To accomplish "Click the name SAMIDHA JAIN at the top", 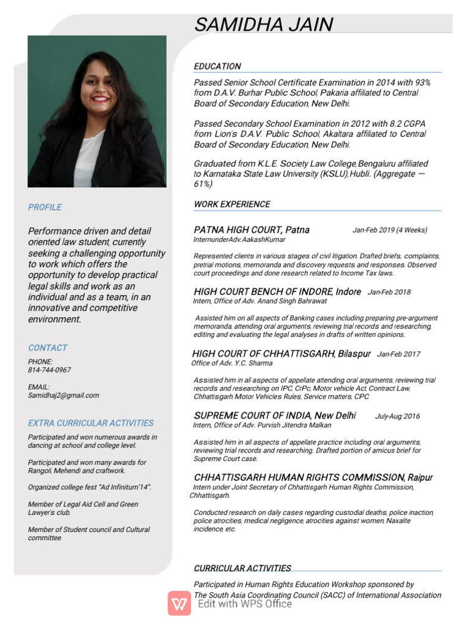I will click(264, 24).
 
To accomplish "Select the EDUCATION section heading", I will click(217, 66).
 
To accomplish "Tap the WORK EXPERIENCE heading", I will click(232, 204).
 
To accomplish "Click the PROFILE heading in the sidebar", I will click(45, 207).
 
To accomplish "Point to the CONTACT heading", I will click(48, 347).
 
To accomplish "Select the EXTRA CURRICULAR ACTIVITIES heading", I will click(91, 422).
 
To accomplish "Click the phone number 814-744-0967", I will click(50, 370).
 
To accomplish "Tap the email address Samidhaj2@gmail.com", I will click(63, 395).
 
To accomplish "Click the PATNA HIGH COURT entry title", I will click(252, 230).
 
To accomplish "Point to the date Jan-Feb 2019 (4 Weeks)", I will click(390, 230).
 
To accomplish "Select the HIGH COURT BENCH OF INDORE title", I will click(277, 291).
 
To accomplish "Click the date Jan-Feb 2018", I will click(389, 292).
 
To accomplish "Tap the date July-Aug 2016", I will click(397, 416).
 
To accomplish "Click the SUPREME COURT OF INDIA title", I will click(275, 415).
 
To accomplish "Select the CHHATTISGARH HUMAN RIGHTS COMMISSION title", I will click(313, 477).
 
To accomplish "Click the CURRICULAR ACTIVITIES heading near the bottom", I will click(242, 568).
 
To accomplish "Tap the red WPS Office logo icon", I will click(179, 603).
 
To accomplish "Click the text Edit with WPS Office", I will click(245, 604).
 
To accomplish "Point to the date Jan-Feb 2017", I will click(398, 354).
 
